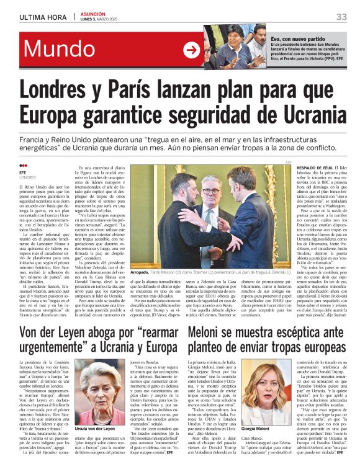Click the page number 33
pos(341,16)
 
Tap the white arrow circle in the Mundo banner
pos(191,50)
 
